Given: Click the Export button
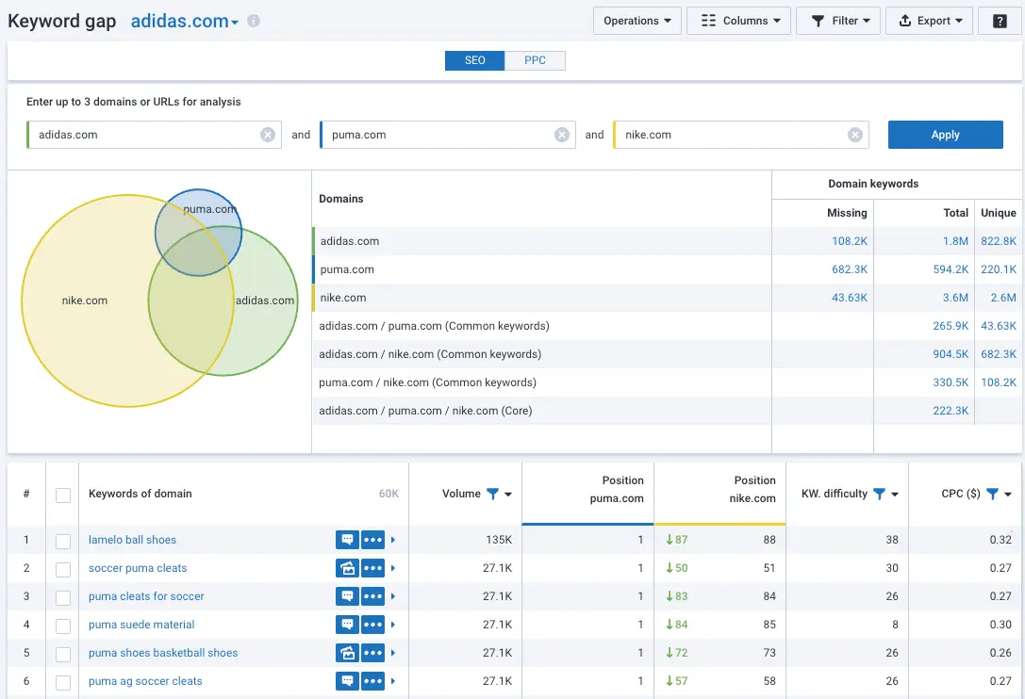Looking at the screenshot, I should [x=929, y=21].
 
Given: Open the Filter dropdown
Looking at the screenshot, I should [x=838, y=21].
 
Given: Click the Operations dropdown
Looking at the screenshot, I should [x=637, y=21].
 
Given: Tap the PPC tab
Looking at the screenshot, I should [x=535, y=60].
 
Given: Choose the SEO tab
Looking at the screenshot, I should [x=475, y=60].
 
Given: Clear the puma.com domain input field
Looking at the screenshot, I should [x=561, y=135].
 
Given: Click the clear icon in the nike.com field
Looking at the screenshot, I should [x=854, y=135].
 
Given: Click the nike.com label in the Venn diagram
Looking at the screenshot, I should [x=85, y=301].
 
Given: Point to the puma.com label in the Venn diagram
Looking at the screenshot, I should [x=209, y=209].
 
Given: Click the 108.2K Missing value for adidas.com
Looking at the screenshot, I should [x=849, y=241].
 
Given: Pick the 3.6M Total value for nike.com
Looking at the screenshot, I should [x=955, y=298].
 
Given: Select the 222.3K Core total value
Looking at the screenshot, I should [x=950, y=411].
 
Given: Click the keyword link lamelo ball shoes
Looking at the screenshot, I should [x=132, y=540].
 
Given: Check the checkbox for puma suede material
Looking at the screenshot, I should [x=63, y=625].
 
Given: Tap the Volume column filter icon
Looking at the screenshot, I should [x=492, y=494].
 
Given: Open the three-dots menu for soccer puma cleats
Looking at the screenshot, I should [x=373, y=568].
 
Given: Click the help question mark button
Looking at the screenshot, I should [x=1000, y=21].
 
